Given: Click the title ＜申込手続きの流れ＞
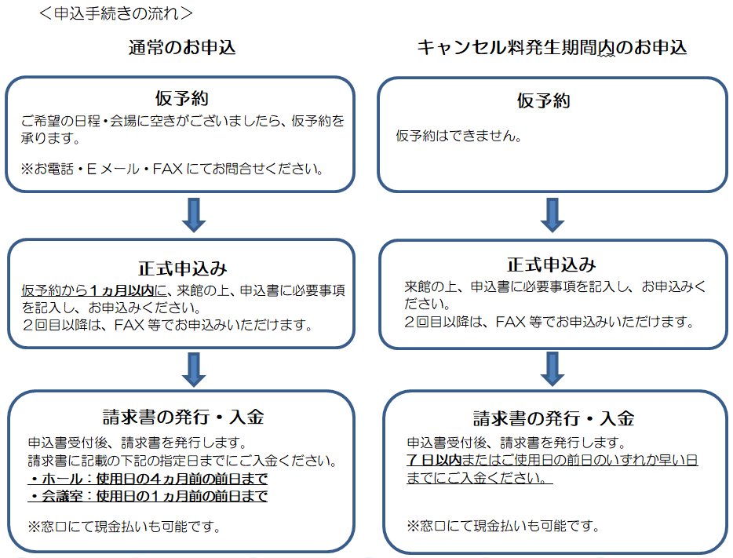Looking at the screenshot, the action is [x=116, y=13].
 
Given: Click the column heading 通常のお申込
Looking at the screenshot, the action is [x=182, y=48].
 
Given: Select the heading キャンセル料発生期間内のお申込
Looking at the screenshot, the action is [x=552, y=48].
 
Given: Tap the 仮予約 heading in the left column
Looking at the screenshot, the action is [x=182, y=99].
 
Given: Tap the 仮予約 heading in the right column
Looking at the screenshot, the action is [x=543, y=100].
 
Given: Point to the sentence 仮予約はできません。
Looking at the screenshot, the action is [x=458, y=136].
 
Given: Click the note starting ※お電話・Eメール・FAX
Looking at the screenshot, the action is [x=172, y=169].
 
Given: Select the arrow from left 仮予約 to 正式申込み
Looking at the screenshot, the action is [x=194, y=215].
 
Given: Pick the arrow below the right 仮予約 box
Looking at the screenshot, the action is [x=552, y=215].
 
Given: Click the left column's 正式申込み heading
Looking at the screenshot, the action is [x=182, y=268].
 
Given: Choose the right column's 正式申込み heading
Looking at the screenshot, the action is [x=552, y=265].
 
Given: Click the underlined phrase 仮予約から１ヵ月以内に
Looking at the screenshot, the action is [x=94, y=290].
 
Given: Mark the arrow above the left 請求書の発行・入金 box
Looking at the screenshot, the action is [x=194, y=370].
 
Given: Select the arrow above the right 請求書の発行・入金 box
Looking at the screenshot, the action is [x=552, y=369].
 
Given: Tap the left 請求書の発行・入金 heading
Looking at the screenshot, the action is [x=184, y=417].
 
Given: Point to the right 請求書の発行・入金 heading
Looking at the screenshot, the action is [x=553, y=418].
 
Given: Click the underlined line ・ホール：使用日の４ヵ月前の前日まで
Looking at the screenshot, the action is [x=148, y=479].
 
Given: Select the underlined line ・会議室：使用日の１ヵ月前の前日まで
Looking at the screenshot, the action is [x=148, y=496].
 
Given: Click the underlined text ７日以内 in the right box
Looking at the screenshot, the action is [x=434, y=460].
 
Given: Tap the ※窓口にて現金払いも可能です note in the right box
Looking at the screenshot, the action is [x=503, y=527].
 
